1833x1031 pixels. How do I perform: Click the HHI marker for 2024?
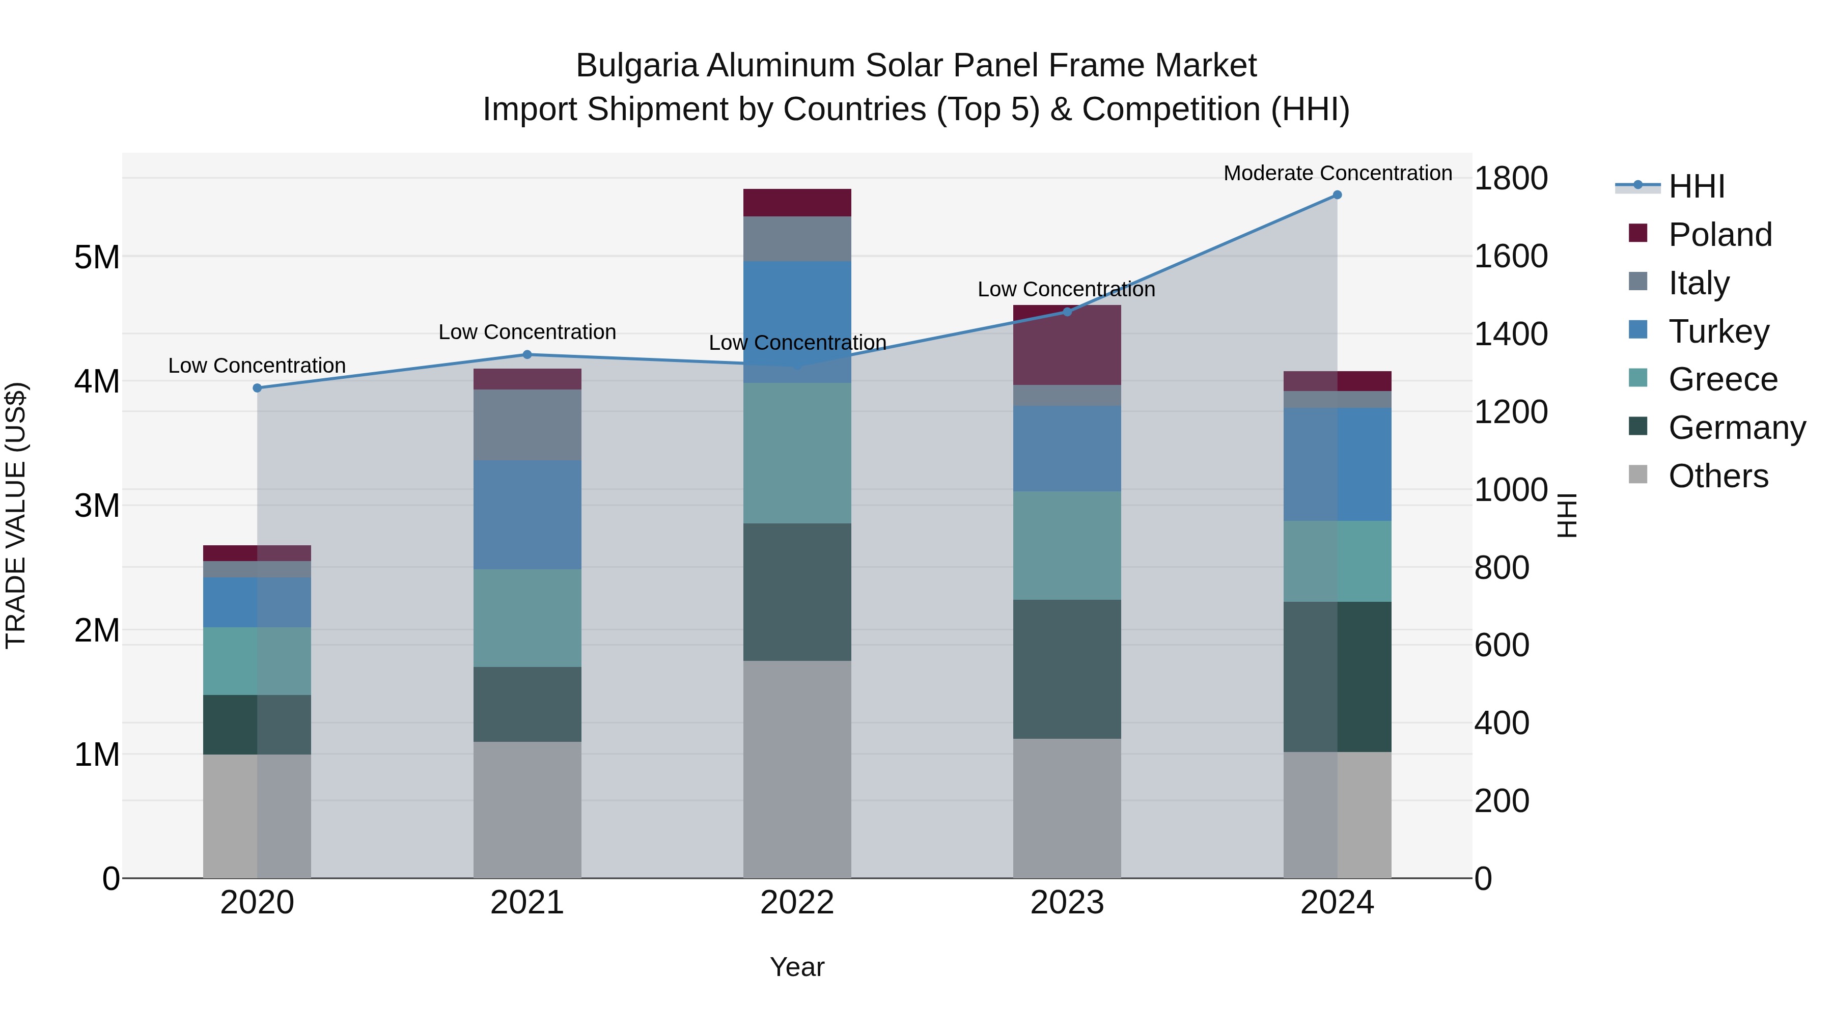[1337, 195]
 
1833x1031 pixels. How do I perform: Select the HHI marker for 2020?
[258, 388]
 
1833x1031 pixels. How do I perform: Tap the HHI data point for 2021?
[527, 354]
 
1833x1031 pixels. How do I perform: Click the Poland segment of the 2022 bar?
[797, 203]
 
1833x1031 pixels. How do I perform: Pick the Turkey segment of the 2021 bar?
[527, 514]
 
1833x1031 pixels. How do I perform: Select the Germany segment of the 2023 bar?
[1067, 669]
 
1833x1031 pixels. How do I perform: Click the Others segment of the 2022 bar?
[797, 768]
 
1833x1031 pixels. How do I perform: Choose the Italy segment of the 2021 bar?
[527, 425]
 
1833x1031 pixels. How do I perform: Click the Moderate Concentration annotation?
[1337, 173]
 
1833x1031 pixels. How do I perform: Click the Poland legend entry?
[1719, 235]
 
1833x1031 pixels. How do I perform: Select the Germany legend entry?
[1736, 428]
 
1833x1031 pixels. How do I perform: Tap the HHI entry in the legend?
[1696, 186]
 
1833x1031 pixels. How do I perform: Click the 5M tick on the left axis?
[97, 257]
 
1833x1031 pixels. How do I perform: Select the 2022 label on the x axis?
[797, 903]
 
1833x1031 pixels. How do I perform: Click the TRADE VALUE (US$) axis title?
[16, 515]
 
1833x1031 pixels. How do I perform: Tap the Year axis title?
[797, 967]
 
